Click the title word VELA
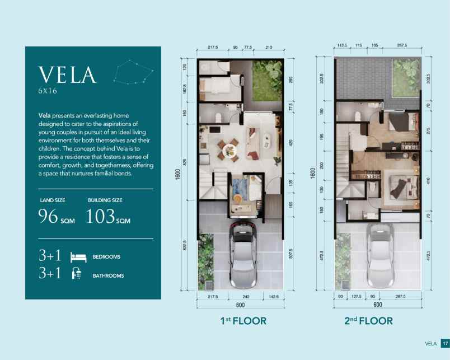click(x=67, y=75)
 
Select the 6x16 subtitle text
click(x=48, y=90)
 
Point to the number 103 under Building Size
click(x=101, y=216)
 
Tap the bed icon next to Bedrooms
click(x=78, y=257)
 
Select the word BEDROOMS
click(x=106, y=257)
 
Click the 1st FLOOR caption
click(x=242, y=321)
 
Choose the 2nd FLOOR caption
click(x=368, y=321)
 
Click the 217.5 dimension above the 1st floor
click(x=212, y=46)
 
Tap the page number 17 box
click(x=445, y=343)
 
